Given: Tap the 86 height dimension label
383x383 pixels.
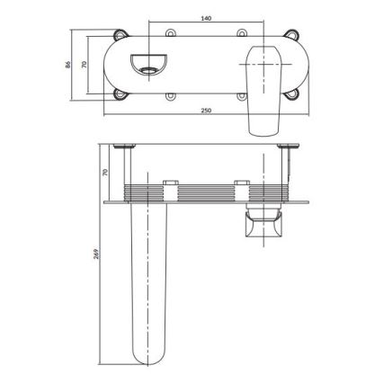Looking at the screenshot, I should pos(68,64).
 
